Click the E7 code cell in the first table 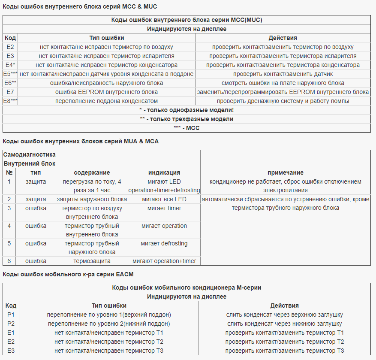[x=11, y=92]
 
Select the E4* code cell [x=11, y=65]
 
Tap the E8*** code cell [x=11, y=101]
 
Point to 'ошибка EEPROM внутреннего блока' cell [x=106, y=92]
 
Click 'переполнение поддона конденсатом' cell [x=106, y=101]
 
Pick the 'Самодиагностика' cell [x=29, y=154]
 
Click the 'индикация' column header [x=164, y=172]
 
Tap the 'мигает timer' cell [x=164, y=208]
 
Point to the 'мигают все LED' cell [x=164, y=199]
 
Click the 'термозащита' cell [x=92, y=261]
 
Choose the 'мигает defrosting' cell [x=164, y=243]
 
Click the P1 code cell [x=11, y=315]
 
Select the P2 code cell [x=11, y=324]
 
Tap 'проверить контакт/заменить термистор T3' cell [x=285, y=351]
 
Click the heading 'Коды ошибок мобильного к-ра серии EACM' [x=71, y=274]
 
